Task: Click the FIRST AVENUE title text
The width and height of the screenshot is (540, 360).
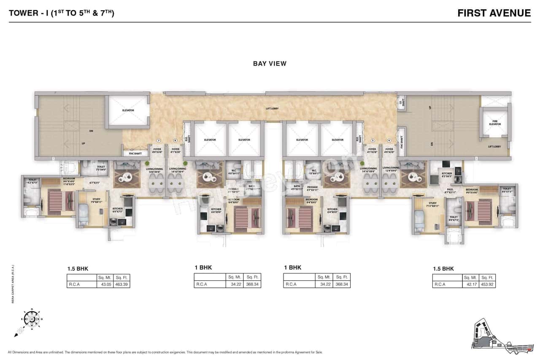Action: click(x=494, y=13)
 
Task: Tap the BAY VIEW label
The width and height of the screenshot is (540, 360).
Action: click(x=270, y=64)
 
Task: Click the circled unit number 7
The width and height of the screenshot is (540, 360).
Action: click(x=159, y=140)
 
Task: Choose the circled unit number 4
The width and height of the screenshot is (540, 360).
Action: click(x=389, y=140)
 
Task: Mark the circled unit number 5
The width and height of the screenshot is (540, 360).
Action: click(x=373, y=140)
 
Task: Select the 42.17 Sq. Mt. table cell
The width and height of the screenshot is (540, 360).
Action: click(x=470, y=284)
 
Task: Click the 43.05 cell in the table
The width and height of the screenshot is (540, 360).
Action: click(x=105, y=284)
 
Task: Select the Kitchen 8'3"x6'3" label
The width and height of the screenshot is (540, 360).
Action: click(x=446, y=175)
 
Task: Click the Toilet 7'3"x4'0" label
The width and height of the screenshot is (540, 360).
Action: click(x=100, y=168)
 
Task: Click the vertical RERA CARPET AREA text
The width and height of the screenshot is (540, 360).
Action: click(x=13, y=284)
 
